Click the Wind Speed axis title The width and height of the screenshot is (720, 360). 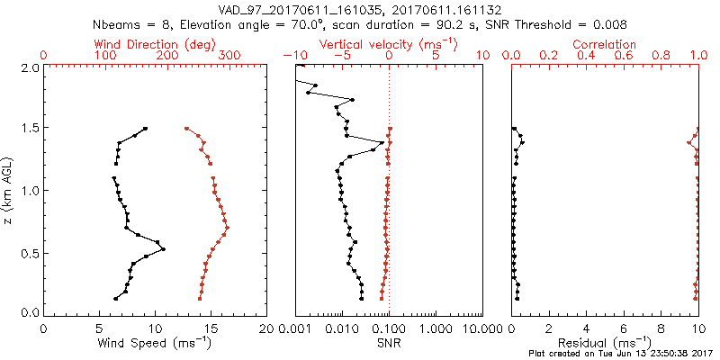[x=155, y=343]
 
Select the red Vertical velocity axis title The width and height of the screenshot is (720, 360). [x=389, y=44]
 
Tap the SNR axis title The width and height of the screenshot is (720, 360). [x=388, y=343]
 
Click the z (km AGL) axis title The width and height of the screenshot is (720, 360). [x=8, y=189]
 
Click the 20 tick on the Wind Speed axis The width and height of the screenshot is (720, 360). [x=266, y=328]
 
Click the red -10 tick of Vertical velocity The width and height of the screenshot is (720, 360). [x=293, y=56]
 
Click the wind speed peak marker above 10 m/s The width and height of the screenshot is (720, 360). [x=163, y=249]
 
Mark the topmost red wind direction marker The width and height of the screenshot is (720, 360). [x=186, y=129]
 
